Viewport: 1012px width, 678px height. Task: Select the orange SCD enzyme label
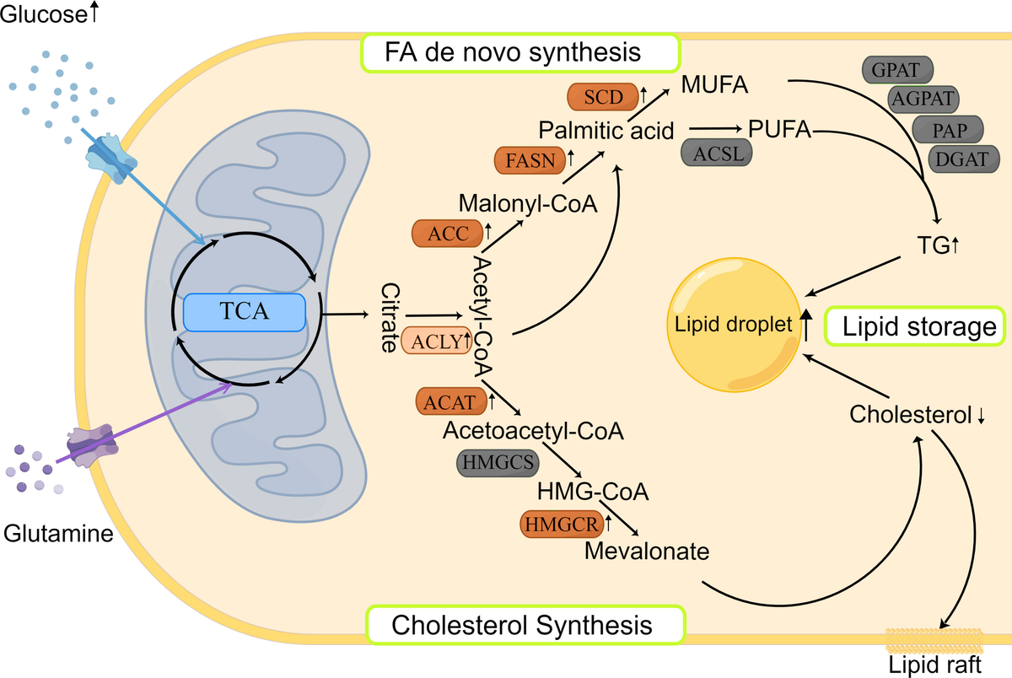click(596, 98)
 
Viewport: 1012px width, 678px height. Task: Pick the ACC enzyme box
click(443, 234)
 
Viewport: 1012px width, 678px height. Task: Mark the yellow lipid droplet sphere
click(735, 329)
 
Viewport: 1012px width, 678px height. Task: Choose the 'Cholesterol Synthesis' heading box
click(523, 625)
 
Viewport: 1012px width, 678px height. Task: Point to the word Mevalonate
click(647, 552)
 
